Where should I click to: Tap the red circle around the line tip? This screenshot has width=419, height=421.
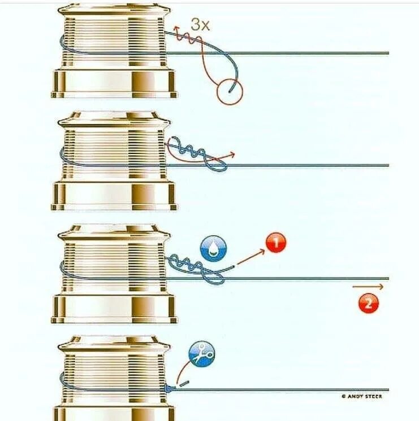(x=229, y=90)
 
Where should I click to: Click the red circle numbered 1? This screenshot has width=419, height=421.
(x=275, y=244)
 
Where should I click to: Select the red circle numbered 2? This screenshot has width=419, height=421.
(x=368, y=304)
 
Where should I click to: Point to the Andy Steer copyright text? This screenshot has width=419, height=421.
(x=361, y=397)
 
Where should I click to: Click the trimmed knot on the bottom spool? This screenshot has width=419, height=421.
(x=169, y=389)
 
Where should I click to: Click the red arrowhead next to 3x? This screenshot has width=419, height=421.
(x=176, y=28)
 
